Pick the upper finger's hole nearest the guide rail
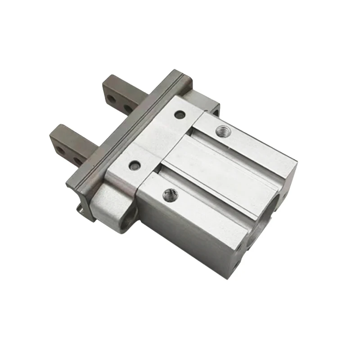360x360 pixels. [x=128, y=108]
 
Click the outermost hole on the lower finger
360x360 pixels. [x=59, y=149]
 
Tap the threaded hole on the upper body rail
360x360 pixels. [x=221, y=131]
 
